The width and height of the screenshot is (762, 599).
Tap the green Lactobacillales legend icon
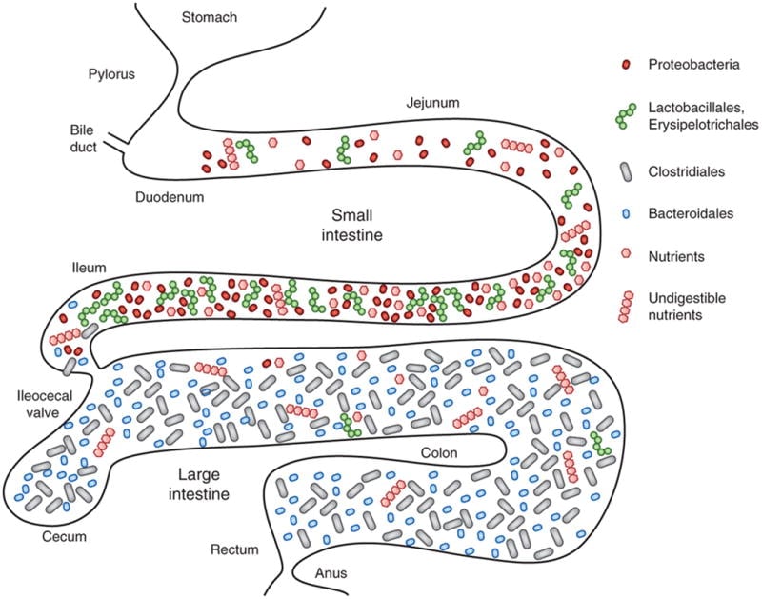coord(625,115)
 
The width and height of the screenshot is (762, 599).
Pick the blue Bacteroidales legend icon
coord(626,214)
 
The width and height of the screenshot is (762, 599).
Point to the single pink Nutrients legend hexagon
coord(626,256)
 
